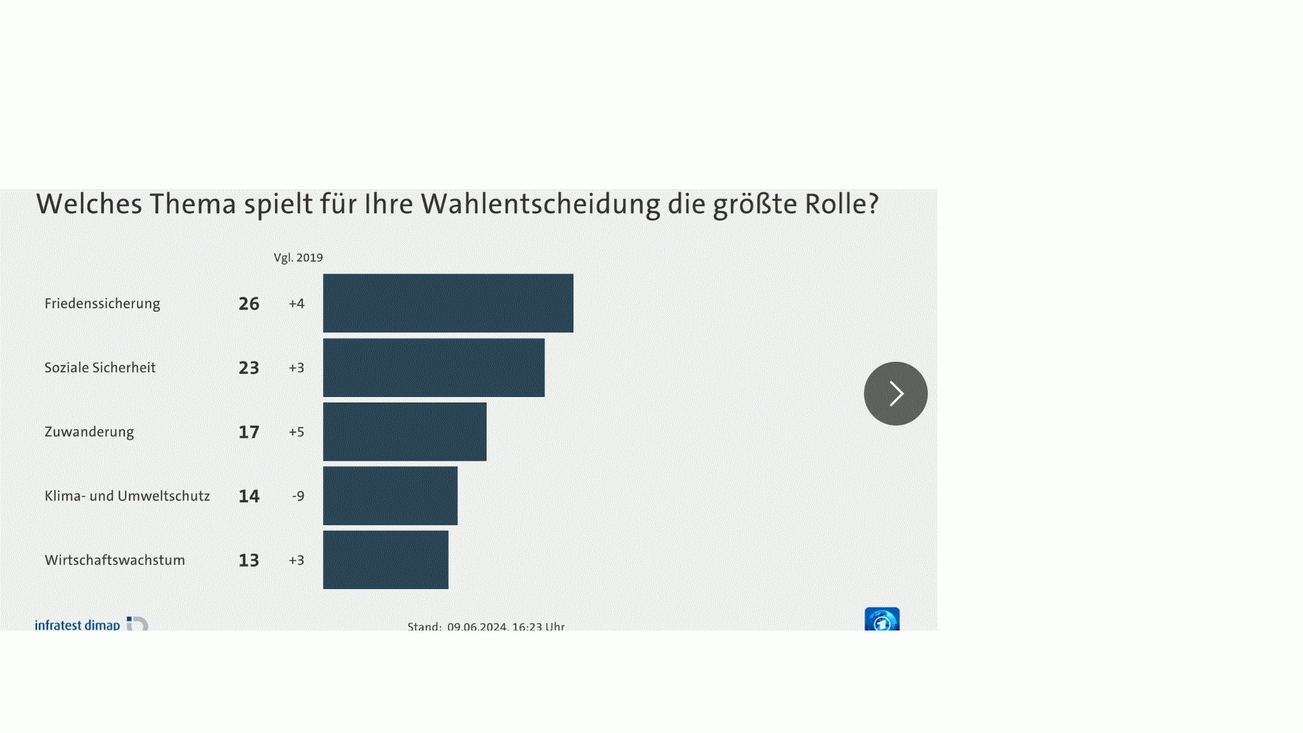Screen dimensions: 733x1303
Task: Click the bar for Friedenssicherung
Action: (x=448, y=303)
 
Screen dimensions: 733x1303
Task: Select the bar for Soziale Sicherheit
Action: (x=434, y=368)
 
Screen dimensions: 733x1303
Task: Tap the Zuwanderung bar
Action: (x=404, y=432)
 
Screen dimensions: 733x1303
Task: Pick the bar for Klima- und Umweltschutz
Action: (x=390, y=496)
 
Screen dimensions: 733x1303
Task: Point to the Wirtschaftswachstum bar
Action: (x=385, y=560)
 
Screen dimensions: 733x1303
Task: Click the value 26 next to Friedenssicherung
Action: (x=249, y=303)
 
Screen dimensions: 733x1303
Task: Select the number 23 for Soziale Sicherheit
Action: (x=249, y=368)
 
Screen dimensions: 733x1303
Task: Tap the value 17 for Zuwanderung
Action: (x=249, y=432)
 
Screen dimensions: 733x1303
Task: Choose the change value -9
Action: (x=298, y=496)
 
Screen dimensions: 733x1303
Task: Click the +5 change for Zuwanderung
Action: (x=297, y=432)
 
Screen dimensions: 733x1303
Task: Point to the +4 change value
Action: (x=297, y=303)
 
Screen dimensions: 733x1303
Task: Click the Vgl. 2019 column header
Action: (x=298, y=258)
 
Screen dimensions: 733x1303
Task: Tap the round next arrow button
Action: (x=895, y=394)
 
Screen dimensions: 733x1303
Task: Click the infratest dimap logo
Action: (x=90, y=624)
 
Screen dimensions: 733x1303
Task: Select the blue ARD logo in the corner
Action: (x=882, y=620)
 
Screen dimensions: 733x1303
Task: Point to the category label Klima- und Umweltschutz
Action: (x=127, y=496)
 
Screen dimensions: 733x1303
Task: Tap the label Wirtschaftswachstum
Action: (x=115, y=560)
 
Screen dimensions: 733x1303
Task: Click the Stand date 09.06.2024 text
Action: (x=477, y=626)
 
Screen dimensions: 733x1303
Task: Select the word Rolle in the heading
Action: (x=842, y=204)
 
